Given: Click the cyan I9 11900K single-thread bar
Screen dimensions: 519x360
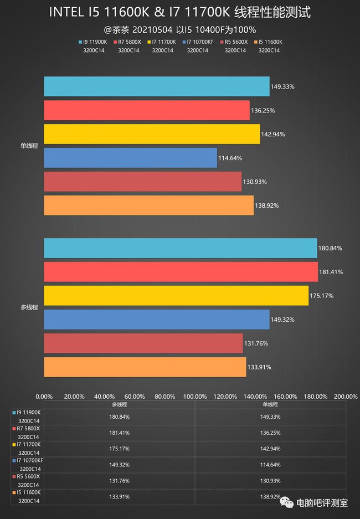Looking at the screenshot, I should tap(156, 86).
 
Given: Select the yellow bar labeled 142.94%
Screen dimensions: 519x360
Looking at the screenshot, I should tap(152, 134).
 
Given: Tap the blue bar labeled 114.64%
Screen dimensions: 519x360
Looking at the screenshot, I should tap(130, 158).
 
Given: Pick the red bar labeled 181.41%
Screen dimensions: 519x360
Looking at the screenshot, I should tap(181, 271).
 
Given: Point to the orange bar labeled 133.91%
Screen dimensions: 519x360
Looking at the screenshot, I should tap(145, 367).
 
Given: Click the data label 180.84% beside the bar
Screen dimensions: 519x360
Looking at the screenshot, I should tap(330, 248).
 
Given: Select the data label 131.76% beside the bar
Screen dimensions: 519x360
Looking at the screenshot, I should tap(256, 343).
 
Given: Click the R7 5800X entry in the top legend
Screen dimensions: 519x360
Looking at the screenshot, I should tap(129, 42).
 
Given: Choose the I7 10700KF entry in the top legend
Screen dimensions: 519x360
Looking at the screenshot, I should tap(199, 42).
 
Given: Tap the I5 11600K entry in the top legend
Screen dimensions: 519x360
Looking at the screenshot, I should tap(269, 42).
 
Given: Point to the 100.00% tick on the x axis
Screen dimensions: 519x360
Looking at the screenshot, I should tap(195, 397).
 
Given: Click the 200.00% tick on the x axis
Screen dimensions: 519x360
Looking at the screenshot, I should tap(346, 397).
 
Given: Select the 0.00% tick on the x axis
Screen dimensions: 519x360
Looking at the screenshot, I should tap(44, 397).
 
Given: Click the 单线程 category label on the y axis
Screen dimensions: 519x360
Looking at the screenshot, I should tap(29, 146).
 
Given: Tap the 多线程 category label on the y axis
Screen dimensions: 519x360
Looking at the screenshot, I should tap(29, 307).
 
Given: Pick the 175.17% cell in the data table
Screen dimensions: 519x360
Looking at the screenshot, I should tap(120, 448).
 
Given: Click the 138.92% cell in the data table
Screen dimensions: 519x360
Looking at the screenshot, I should tap(271, 496).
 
